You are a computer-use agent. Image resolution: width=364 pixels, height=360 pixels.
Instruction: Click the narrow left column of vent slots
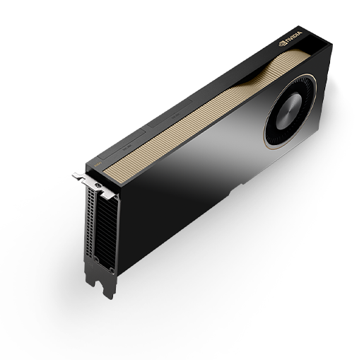pos(88,219)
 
